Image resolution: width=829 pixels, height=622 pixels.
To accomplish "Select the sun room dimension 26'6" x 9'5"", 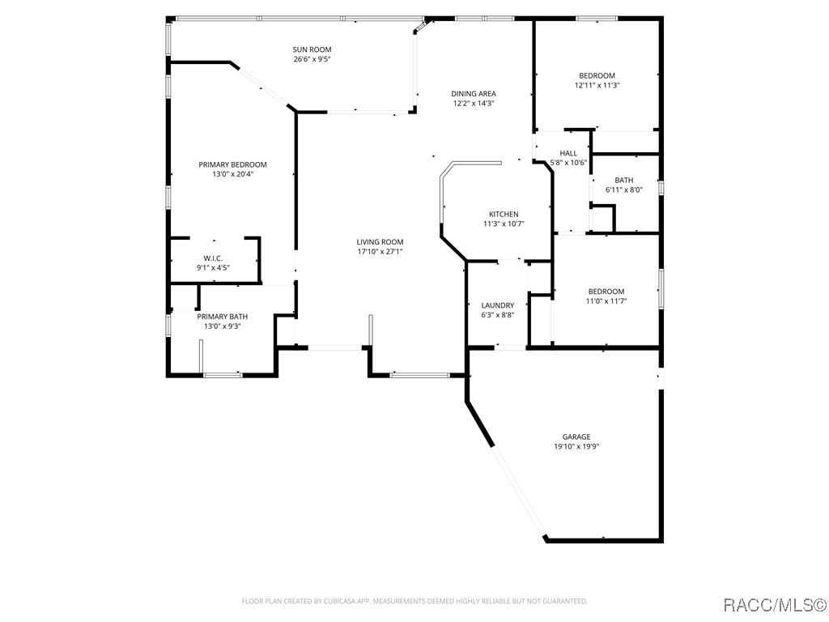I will [312, 59].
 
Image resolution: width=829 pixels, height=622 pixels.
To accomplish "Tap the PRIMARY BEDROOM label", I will [232, 164].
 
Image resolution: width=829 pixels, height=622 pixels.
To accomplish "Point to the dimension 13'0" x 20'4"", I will [232, 174].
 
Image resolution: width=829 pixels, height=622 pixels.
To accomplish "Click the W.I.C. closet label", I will [213, 258].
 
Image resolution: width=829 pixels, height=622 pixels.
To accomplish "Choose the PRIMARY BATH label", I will [223, 317].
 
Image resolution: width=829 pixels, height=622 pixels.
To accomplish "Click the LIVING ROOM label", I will [380, 242].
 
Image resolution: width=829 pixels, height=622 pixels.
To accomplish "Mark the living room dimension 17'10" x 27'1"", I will [380, 252].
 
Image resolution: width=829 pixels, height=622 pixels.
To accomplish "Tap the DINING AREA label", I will [474, 94].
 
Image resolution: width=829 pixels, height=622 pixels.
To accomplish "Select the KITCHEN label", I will [503, 215].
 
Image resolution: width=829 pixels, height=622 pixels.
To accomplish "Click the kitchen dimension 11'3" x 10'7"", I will [503, 224].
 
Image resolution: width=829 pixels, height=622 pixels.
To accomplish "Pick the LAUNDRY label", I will [497, 305].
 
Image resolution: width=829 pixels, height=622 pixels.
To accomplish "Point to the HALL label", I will [568, 153].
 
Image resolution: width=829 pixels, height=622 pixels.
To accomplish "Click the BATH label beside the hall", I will [623, 181].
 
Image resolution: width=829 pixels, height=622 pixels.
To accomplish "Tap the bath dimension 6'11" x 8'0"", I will [623, 190].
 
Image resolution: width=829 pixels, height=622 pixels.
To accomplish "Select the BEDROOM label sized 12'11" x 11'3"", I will [597, 76].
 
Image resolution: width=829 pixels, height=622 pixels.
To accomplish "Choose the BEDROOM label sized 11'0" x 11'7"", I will [606, 292].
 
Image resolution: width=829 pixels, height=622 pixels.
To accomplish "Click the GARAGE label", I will [576, 437].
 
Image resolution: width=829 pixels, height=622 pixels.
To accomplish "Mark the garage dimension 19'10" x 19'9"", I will [576, 446].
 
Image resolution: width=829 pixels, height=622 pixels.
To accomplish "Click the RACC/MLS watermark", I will [774, 604].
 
